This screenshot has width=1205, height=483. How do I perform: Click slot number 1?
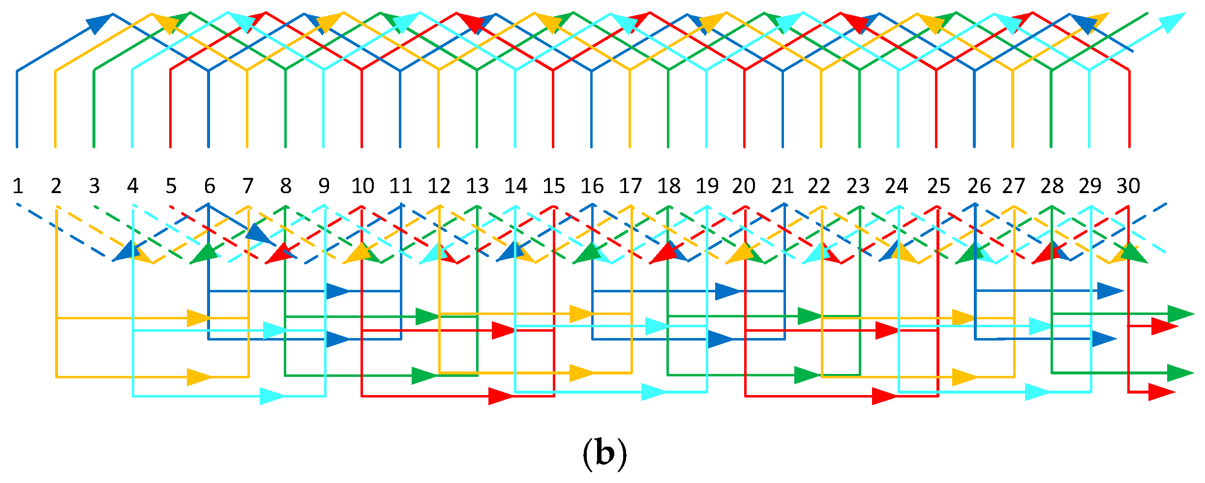click(18, 186)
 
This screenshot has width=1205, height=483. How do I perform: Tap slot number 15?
click(554, 186)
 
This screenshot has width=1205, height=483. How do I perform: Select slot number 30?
click(1128, 186)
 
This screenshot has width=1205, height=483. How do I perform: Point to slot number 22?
click(819, 186)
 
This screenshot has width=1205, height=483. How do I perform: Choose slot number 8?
click(286, 186)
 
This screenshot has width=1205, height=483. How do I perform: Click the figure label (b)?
click(604, 454)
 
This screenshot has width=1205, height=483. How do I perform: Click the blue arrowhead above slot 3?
click(100, 23)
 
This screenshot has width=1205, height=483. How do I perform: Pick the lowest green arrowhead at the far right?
click(1180, 373)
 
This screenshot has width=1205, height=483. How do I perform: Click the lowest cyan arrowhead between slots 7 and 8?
click(272, 396)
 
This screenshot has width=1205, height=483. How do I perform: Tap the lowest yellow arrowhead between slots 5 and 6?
click(199, 377)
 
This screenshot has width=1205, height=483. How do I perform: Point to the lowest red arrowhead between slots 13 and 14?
click(501, 396)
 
